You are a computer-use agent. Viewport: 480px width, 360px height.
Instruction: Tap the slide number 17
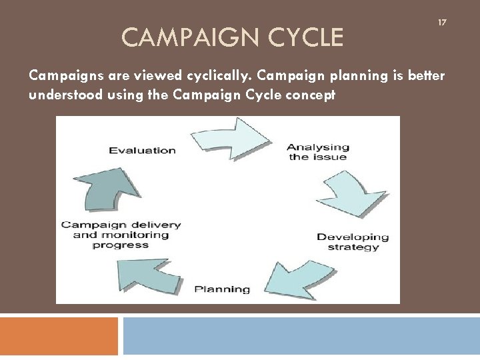point(441,23)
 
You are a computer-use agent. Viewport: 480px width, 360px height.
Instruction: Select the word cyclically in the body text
point(198,76)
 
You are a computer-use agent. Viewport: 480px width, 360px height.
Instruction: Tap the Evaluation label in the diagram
point(142,150)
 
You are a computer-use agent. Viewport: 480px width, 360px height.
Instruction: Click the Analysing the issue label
point(318,152)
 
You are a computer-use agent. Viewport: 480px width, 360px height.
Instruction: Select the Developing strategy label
point(353,241)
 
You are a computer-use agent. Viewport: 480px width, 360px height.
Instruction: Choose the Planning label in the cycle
point(222,289)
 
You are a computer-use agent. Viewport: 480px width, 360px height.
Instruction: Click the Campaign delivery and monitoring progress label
point(121,235)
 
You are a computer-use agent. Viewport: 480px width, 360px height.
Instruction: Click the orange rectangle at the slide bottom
point(59,336)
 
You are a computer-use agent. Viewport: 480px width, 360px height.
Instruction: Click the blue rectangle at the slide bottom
point(301,336)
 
